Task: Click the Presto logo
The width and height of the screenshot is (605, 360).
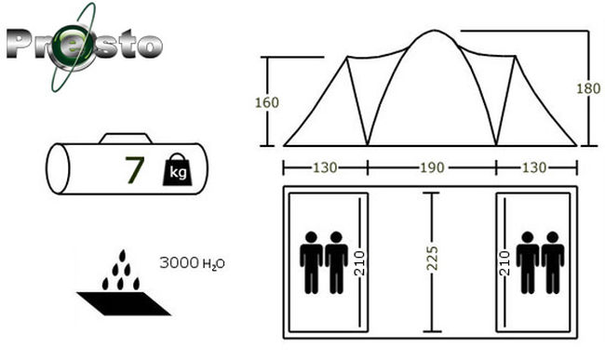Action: [84, 47]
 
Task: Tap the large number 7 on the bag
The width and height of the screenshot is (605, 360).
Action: [135, 169]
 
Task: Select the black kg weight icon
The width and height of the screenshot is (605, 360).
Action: [177, 169]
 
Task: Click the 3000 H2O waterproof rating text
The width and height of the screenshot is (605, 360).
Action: [192, 263]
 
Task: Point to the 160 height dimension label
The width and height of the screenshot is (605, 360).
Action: [266, 102]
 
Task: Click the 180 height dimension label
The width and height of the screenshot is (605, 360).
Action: [588, 88]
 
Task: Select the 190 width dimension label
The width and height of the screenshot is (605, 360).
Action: [432, 167]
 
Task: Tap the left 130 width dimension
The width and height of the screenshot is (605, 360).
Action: [325, 167]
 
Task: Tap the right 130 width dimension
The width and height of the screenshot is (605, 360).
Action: [534, 167]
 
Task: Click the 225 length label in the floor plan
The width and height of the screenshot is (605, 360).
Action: [433, 258]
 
